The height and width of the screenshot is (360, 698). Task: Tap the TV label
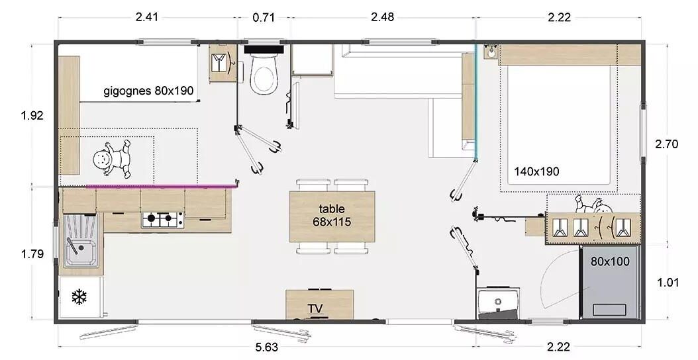(315, 308)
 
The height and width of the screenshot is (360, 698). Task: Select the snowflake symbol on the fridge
(79, 297)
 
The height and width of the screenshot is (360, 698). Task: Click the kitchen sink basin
(80, 253)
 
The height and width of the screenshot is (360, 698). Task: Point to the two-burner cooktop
(162, 220)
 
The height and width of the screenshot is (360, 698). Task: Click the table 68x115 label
(332, 215)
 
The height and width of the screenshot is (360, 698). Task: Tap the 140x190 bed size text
(536, 171)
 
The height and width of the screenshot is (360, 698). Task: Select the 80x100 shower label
(610, 261)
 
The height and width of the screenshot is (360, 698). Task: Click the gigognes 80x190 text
(149, 91)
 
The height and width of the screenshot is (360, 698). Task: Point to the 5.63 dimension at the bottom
(267, 347)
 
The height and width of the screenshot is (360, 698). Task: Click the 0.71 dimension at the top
(264, 18)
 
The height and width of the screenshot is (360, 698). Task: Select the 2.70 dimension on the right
(666, 144)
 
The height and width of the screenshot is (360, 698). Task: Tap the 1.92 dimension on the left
(32, 116)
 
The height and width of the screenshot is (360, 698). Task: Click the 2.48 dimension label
(382, 17)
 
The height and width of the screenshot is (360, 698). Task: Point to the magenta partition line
(161, 186)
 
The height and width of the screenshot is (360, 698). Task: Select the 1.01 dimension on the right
(668, 283)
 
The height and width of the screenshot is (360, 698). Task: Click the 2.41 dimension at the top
(146, 17)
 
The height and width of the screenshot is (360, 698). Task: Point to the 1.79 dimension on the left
(32, 254)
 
